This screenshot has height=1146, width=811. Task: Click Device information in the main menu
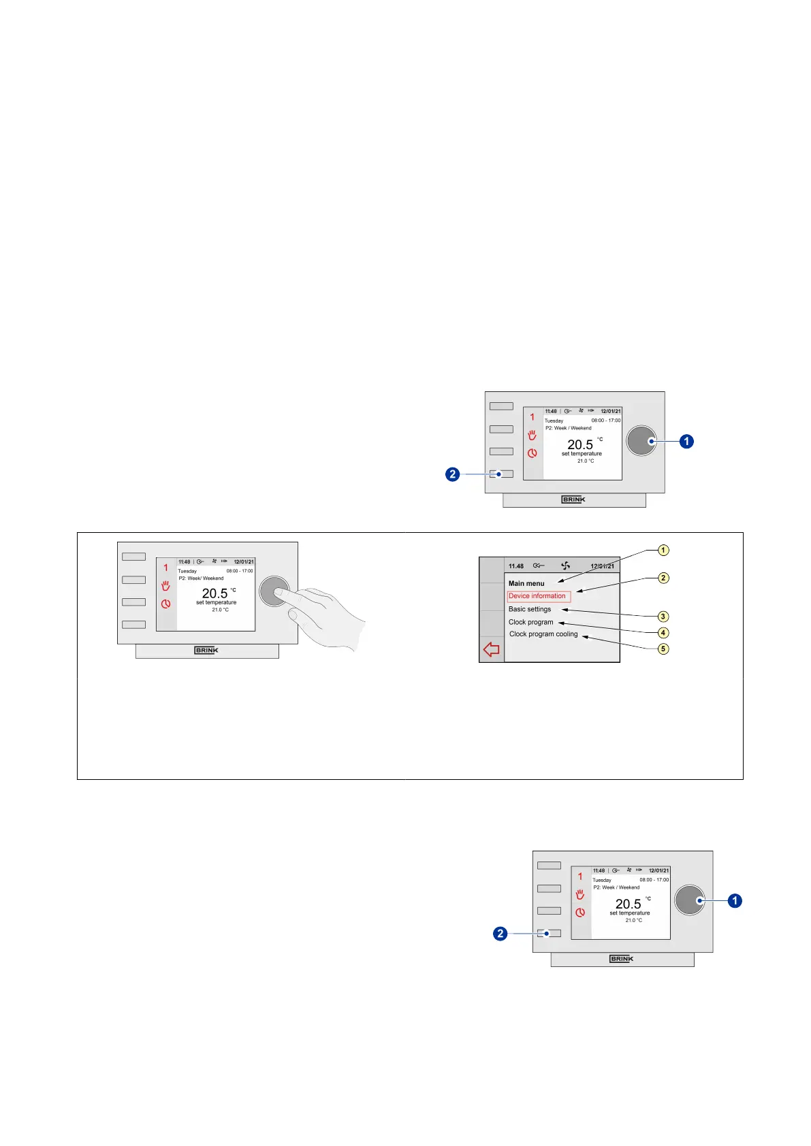537,596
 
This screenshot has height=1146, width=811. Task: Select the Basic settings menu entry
529,609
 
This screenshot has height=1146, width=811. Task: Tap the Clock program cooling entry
543,634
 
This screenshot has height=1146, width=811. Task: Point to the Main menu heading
526,583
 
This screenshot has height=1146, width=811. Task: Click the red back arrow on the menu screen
491,650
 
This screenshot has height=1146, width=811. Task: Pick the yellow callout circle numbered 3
663,617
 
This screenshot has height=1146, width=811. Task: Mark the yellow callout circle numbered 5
663,649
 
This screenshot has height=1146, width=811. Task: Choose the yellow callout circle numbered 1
663,550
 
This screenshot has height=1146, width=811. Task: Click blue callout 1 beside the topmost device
686,442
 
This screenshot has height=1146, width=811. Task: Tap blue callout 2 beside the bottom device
500,934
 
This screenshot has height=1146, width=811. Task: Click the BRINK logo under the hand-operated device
206,651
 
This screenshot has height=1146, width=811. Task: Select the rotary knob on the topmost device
641,441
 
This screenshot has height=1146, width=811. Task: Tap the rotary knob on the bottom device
689,900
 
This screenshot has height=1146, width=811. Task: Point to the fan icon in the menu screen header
565,566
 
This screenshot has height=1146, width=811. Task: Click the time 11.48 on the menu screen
516,566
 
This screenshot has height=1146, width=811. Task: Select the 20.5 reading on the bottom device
628,904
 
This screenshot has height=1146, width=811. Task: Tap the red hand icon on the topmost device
532,435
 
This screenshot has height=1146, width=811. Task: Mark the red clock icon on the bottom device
580,913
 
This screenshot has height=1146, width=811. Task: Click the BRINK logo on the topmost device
573,500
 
